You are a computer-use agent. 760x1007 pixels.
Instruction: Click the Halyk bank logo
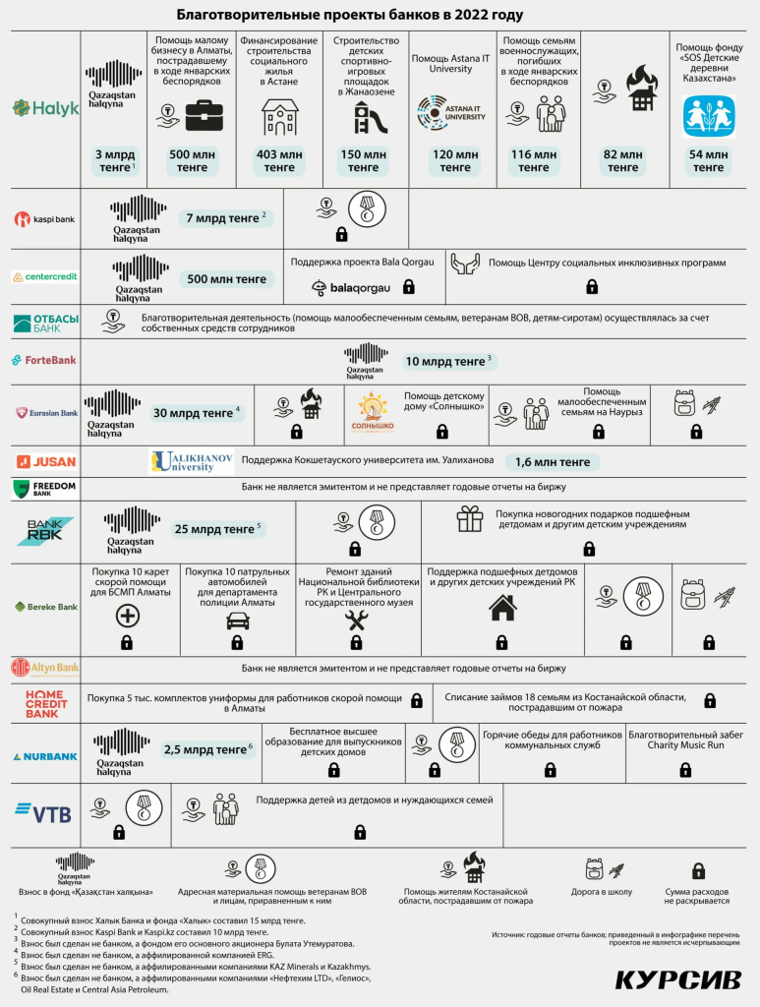point(45,108)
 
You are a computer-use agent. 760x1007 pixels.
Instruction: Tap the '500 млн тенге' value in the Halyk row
point(193,160)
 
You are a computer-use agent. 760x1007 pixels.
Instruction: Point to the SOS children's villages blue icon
point(709,116)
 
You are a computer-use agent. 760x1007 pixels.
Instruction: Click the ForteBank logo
point(44,361)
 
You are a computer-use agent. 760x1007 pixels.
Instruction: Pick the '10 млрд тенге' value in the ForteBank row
point(448,362)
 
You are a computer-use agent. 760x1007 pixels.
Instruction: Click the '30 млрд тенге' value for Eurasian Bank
point(196,413)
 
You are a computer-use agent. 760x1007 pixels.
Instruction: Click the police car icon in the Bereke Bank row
point(238,620)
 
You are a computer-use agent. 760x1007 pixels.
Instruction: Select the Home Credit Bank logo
point(46,702)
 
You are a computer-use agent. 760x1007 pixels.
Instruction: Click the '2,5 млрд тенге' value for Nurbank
point(207,749)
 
